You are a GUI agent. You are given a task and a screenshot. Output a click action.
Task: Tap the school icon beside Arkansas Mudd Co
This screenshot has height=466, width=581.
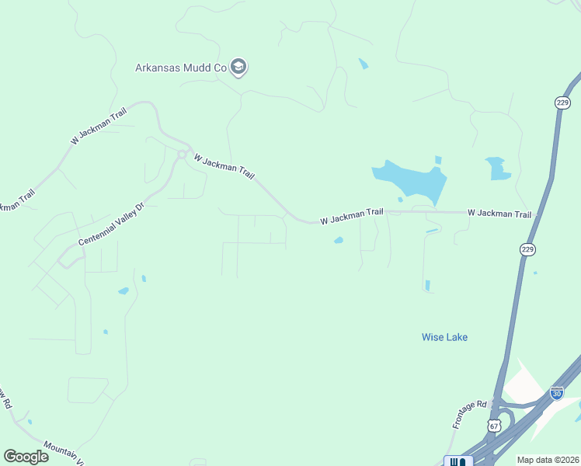tap(239, 68)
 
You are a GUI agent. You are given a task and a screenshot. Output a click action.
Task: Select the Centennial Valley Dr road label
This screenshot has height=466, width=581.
tap(112, 225)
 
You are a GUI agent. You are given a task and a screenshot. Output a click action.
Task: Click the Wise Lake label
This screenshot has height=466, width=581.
tap(444, 337)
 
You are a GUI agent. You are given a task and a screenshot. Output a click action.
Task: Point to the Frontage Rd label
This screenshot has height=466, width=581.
tap(469, 416)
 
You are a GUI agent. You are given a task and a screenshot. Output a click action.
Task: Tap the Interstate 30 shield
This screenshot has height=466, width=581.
tap(556, 393)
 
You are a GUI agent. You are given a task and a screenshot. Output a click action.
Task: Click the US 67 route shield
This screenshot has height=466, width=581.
tap(494, 426)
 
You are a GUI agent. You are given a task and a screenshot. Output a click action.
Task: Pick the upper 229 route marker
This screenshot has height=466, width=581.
tap(563, 103)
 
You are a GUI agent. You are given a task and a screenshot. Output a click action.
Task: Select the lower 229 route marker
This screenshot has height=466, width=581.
tap(527, 249)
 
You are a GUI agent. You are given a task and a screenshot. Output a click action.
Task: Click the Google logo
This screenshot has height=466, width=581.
tap(26, 456)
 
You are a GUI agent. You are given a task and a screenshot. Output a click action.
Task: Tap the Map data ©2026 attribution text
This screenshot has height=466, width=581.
tap(547, 460)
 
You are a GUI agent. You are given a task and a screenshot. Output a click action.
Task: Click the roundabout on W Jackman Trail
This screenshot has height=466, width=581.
tap(181, 155)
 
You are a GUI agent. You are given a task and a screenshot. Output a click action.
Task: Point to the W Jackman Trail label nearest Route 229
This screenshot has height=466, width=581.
tap(499, 214)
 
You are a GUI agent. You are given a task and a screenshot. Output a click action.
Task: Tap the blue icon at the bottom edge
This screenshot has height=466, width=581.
tap(458, 461)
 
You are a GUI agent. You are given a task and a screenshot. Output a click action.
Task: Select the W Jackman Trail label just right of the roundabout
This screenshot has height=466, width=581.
tap(224, 166)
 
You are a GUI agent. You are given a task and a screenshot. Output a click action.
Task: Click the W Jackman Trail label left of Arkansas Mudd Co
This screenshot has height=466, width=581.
tap(98, 125)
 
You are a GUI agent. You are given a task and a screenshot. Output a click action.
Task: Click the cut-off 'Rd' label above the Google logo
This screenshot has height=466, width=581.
tap(5, 398)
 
